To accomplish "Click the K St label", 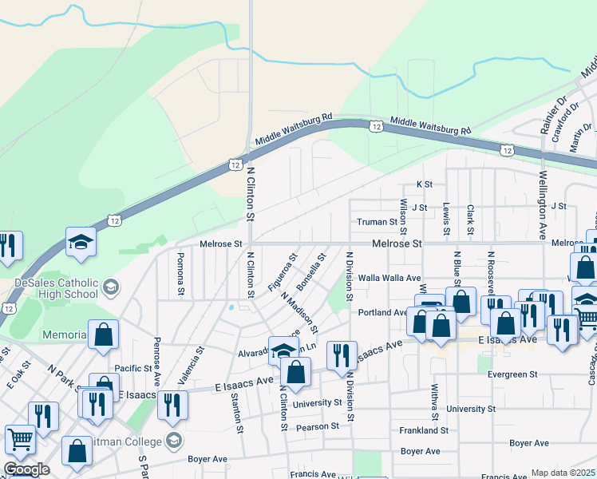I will tap(424, 184).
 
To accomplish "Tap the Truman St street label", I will tap(378, 222).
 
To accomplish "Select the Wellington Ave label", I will tap(543, 206).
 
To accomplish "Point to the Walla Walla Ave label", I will tap(389, 278).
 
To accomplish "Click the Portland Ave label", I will tap(383, 312).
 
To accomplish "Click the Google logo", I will tap(26, 469).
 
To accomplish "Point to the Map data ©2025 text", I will tap(563, 473).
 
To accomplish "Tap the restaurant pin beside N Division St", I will tap(342, 355).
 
